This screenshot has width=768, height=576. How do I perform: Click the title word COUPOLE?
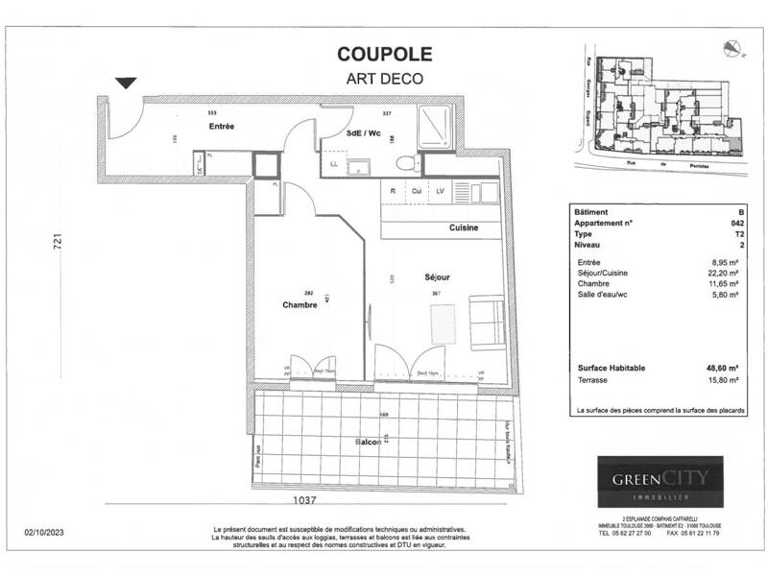(384, 56)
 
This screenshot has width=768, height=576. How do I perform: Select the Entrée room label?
(223, 127)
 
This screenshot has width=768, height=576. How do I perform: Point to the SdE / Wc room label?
(363, 135)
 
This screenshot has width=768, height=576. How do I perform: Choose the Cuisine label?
(465, 228)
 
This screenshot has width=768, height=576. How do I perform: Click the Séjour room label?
(438, 277)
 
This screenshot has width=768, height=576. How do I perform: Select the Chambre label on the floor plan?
(299, 304)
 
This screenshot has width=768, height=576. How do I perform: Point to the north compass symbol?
(734, 43)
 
